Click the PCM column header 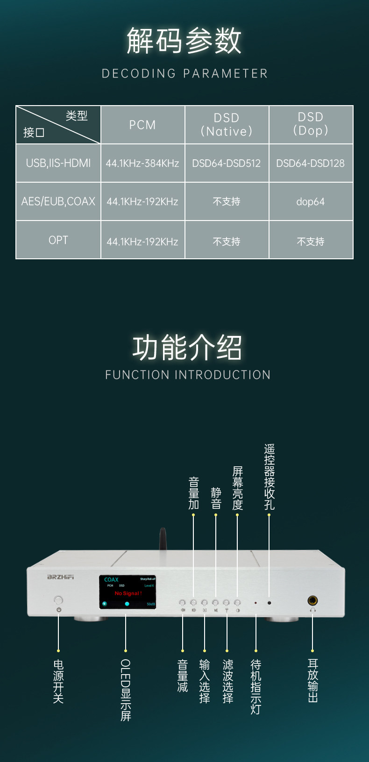coord(142,125)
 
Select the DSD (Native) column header coord(227,125)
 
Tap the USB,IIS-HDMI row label coord(58,163)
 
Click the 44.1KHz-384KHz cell coord(142,163)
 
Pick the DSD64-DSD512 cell coord(227,163)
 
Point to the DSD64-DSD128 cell coord(311,163)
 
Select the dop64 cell coord(311,202)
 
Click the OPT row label coord(58,240)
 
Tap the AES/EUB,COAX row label coord(58,201)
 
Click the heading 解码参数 coord(184,41)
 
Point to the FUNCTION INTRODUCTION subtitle coord(188,375)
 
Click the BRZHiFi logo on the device coord(61,577)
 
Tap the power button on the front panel coord(58,600)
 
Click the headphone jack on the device coord(312,600)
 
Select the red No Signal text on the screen coord(128,593)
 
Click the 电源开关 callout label coord(58,681)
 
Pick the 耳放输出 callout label coord(313,680)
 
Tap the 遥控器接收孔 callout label coord(270,477)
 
